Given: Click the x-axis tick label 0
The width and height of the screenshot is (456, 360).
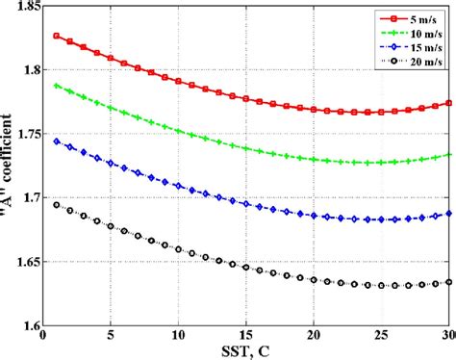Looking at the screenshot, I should [x=43, y=336].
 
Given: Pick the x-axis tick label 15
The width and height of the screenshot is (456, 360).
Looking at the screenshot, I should [x=246, y=336].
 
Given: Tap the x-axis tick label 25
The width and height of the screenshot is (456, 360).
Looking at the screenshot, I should [x=381, y=336].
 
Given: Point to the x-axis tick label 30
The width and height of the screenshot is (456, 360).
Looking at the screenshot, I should [x=447, y=336].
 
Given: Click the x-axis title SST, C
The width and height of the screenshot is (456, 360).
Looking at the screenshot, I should [x=246, y=351].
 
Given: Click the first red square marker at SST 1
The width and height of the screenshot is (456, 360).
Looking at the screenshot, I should [x=57, y=36].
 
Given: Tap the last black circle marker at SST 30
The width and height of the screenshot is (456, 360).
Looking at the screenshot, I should [x=448, y=282].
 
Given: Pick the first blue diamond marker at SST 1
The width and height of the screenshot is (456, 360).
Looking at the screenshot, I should [x=57, y=141].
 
